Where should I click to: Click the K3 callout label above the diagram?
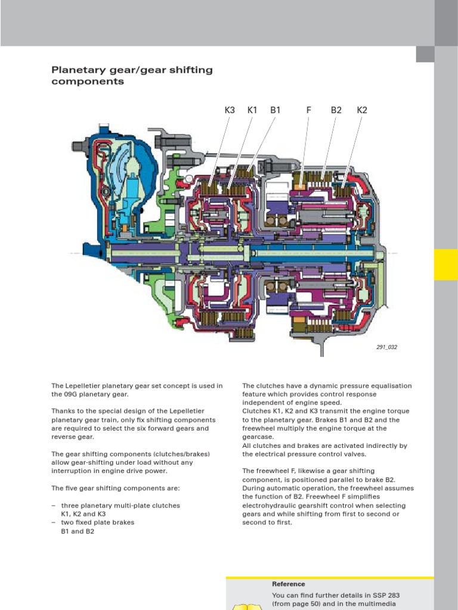[x=230, y=110]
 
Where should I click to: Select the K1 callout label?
[x=252, y=110]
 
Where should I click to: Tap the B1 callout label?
[x=275, y=110]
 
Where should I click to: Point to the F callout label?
[x=309, y=110]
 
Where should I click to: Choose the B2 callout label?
[x=336, y=110]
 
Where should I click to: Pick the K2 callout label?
[x=362, y=110]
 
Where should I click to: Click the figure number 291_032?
[x=386, y=347]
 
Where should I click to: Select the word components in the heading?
[x=88, y=82]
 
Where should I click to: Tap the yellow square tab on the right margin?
[x=445, y=264]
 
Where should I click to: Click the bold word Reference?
[x=289, y=584]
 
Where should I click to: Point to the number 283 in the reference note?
[x=392, y=596]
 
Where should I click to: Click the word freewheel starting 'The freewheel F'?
[x=271, y=471]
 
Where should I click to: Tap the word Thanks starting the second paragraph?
[x=63, y=412]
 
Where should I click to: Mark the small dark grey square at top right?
[x=425, y=54]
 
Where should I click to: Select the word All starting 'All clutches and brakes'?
[x=247, y=446]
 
